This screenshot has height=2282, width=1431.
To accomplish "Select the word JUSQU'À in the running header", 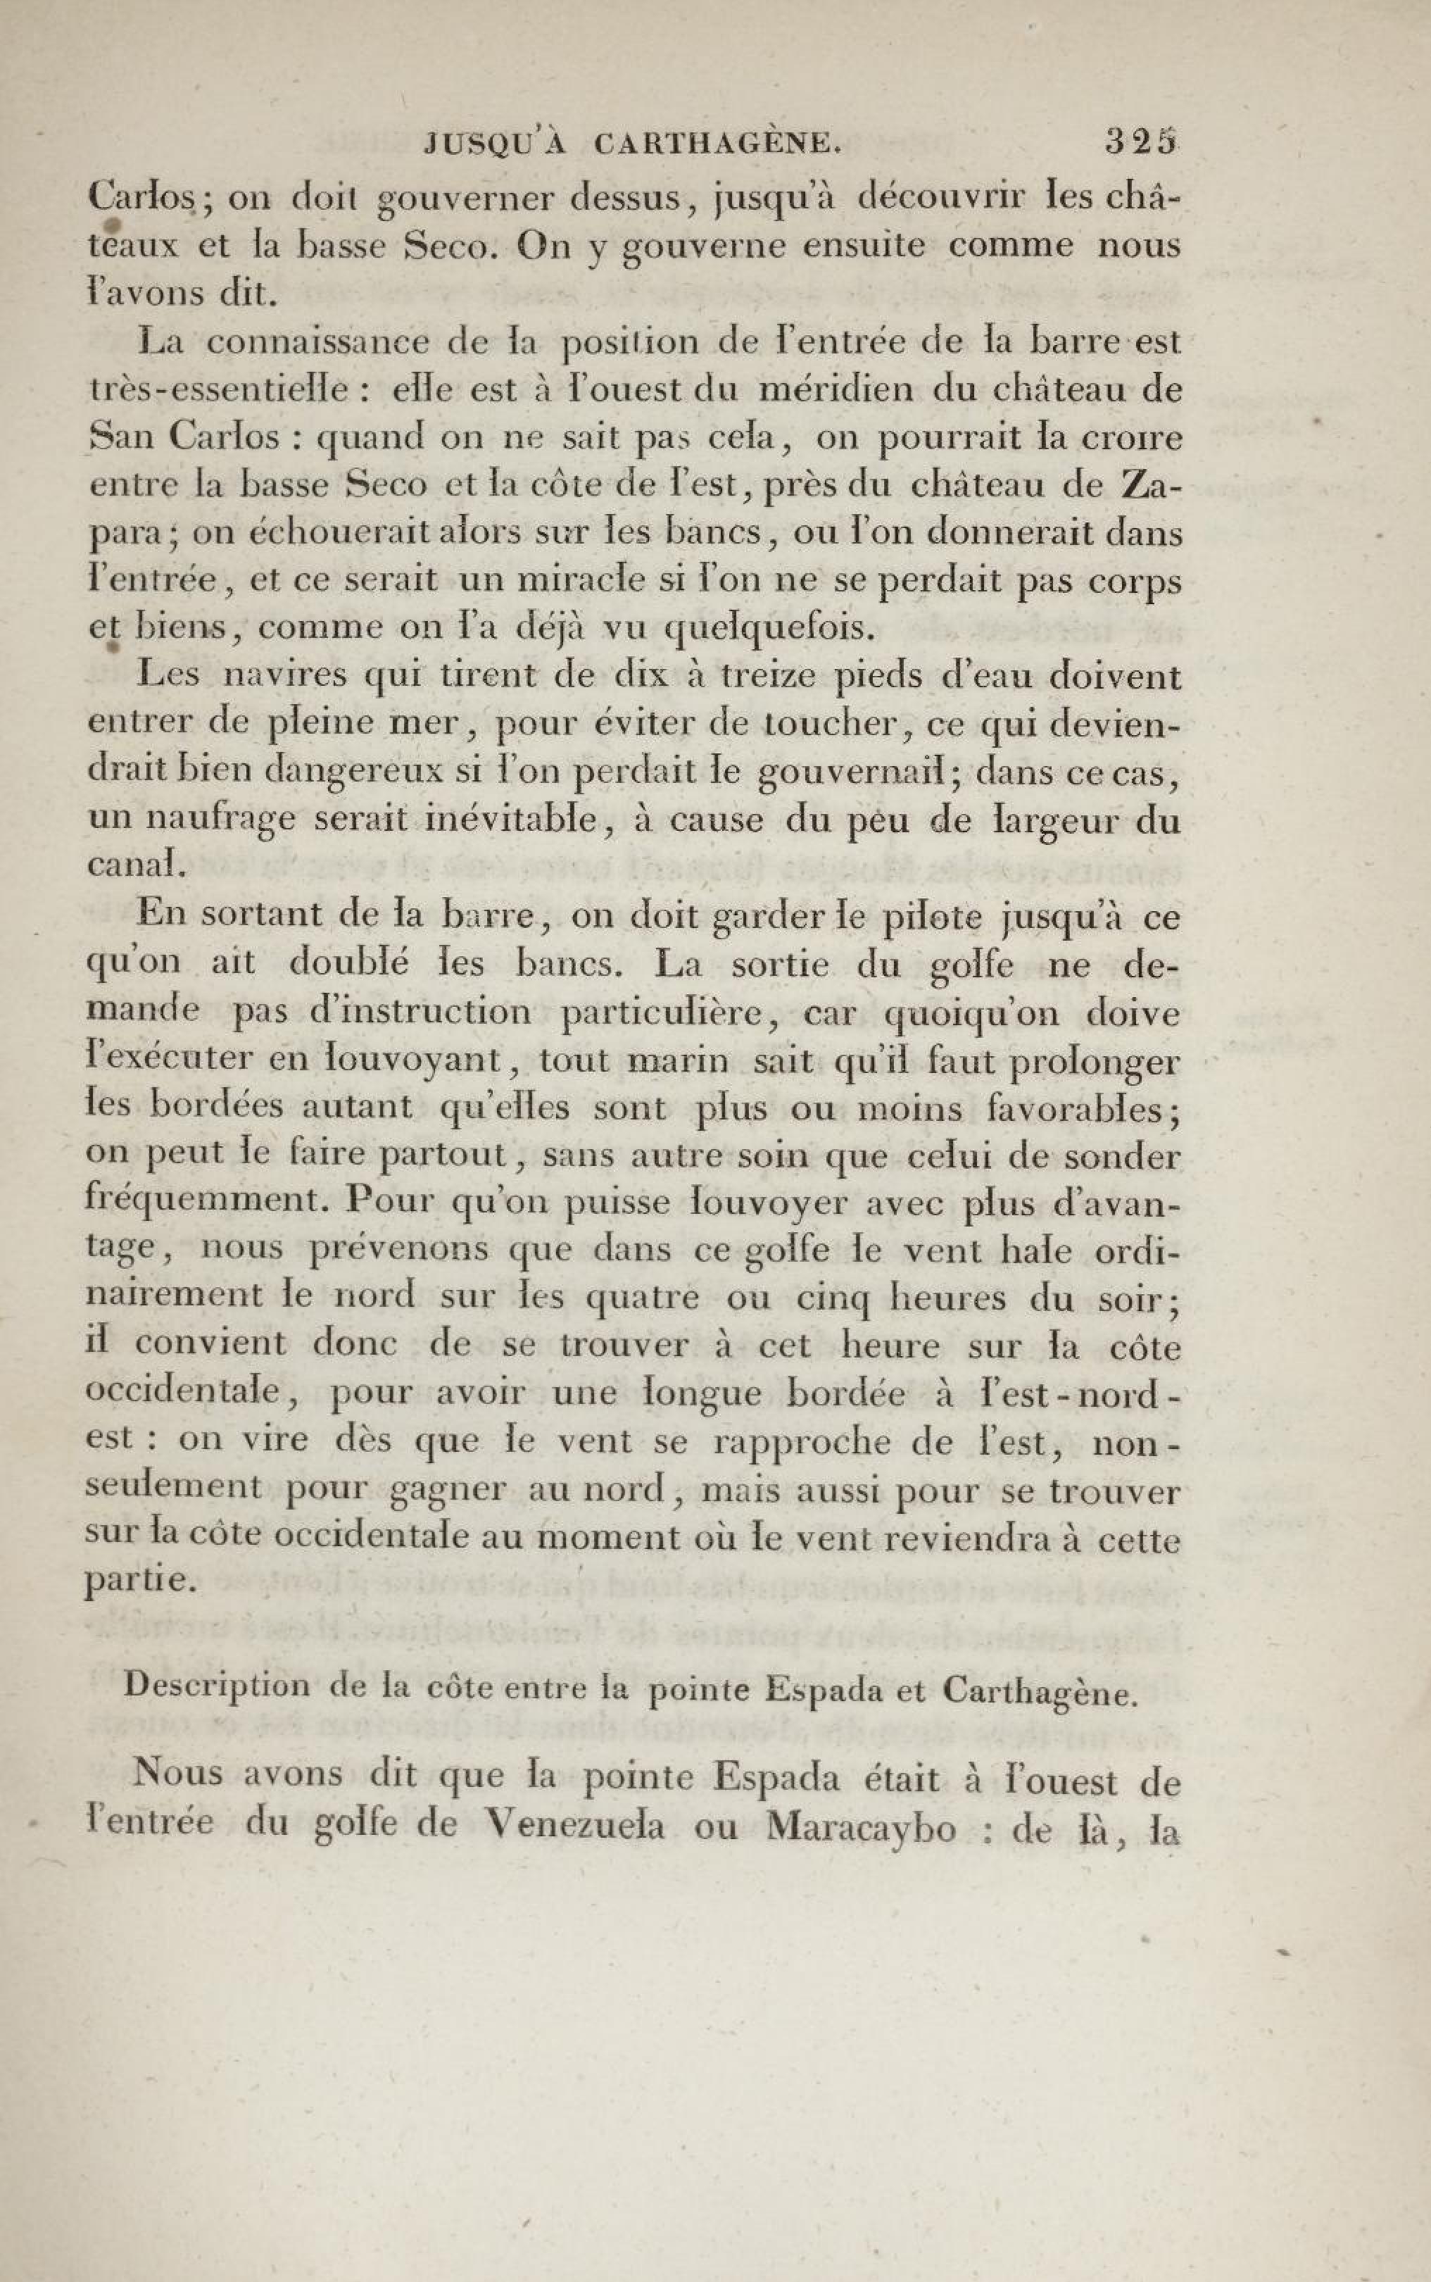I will pos(496,143).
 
